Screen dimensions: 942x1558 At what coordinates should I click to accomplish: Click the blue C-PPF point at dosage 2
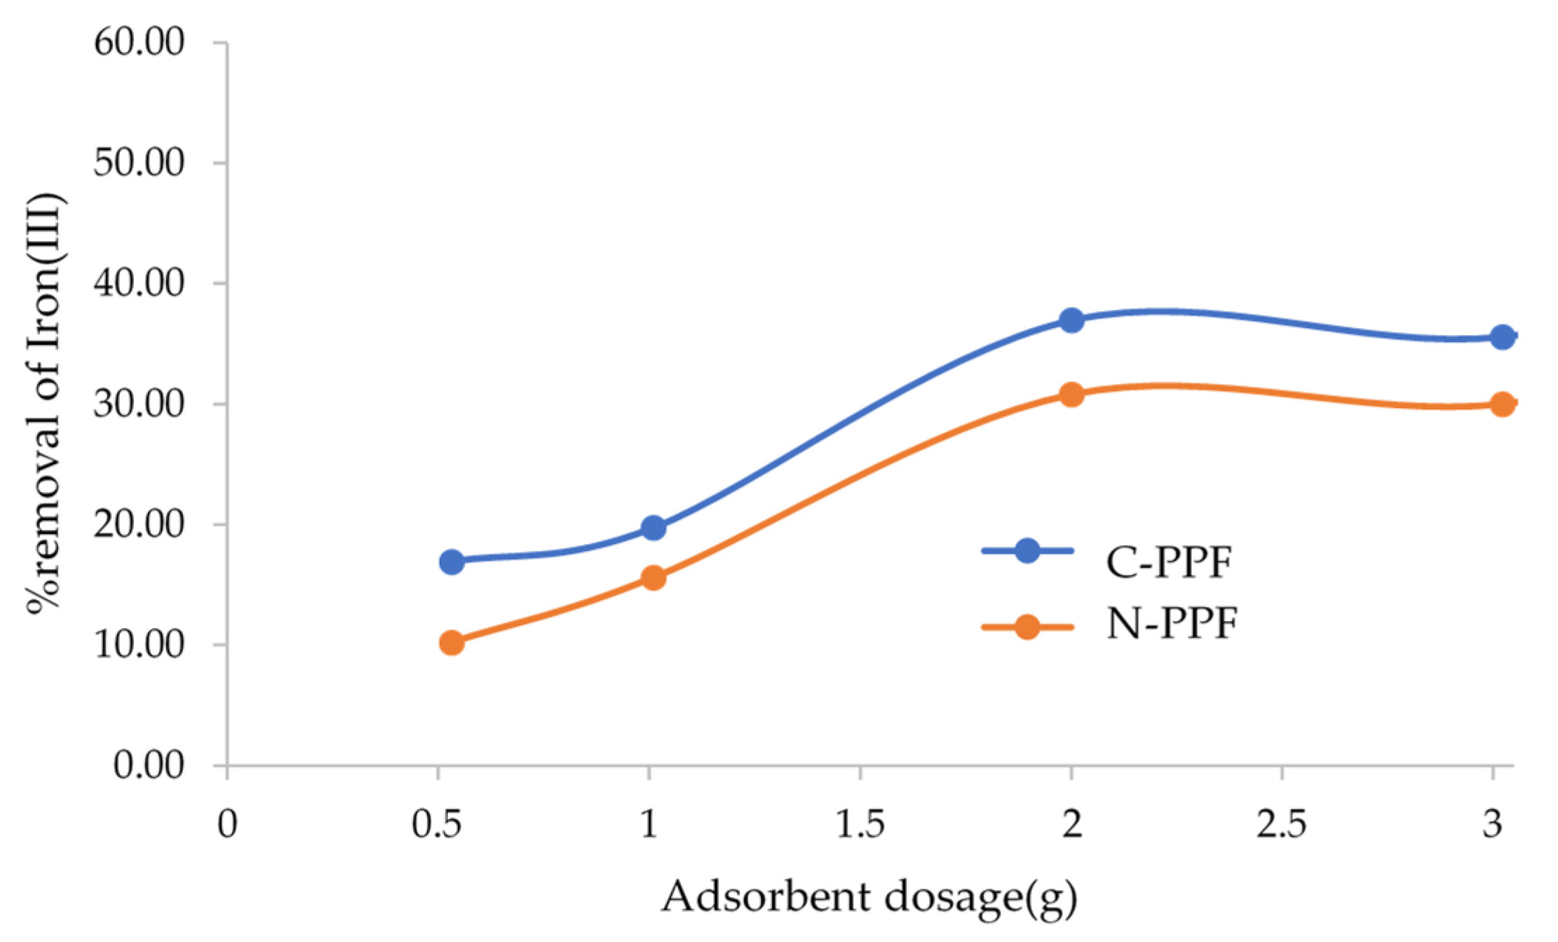[1071, 320]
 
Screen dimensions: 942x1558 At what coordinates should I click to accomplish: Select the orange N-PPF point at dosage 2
[1071, 395]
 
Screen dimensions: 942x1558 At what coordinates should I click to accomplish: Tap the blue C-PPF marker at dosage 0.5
[452, 561]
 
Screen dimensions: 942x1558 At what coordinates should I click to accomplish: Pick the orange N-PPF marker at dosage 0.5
[452, 642]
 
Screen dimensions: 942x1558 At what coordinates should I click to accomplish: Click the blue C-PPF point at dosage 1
[653, 528]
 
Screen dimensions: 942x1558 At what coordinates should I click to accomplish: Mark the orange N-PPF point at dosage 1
[653, 578]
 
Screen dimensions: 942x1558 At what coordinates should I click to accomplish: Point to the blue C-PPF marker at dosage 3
[1501, 337]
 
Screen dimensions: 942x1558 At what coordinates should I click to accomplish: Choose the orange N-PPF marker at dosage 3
[1501, 404]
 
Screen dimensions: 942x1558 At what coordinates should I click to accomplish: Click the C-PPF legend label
[1169, 561]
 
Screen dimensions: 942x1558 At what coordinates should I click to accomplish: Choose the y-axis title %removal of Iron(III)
[46, 403]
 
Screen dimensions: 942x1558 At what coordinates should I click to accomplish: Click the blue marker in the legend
[1027, 551]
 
